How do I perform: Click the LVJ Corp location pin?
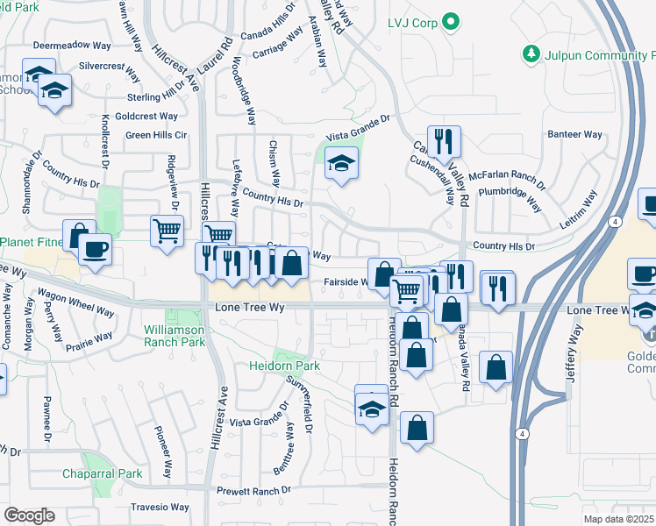tap(451, 21)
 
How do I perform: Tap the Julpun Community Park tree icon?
tap(531, 54)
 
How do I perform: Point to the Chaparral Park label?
tap(102, 473)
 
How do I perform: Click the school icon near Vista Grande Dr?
tap(341, 163)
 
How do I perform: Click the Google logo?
tap(29, 515)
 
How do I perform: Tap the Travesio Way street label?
tap(160, 507)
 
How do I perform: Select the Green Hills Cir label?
tap(156, 135)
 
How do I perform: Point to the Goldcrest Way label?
tap(146, 116)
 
